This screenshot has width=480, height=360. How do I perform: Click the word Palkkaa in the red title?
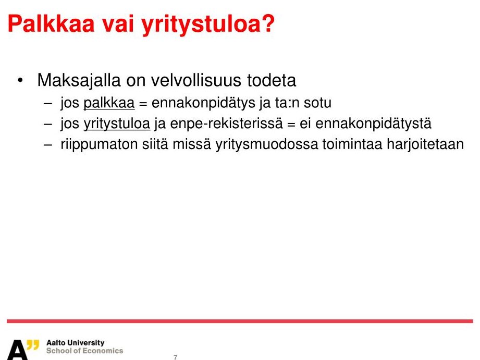[51, 23]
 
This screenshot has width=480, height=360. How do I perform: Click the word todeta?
[272, 80]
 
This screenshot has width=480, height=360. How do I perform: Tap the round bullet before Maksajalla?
[20, 81]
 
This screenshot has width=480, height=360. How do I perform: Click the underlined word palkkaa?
[109, 103]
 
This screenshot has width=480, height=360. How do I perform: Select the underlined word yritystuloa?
[117, 124]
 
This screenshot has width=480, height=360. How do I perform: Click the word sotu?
[317, 103]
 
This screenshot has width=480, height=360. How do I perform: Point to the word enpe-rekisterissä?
[226, 124]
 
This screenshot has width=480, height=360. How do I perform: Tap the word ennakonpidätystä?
[373, 124]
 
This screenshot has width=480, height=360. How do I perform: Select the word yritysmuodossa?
[267, 144]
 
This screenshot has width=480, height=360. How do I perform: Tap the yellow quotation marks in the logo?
[33, 345]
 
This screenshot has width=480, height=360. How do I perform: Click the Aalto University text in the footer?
[75, 343]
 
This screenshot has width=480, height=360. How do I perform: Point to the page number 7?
[176, 357]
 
